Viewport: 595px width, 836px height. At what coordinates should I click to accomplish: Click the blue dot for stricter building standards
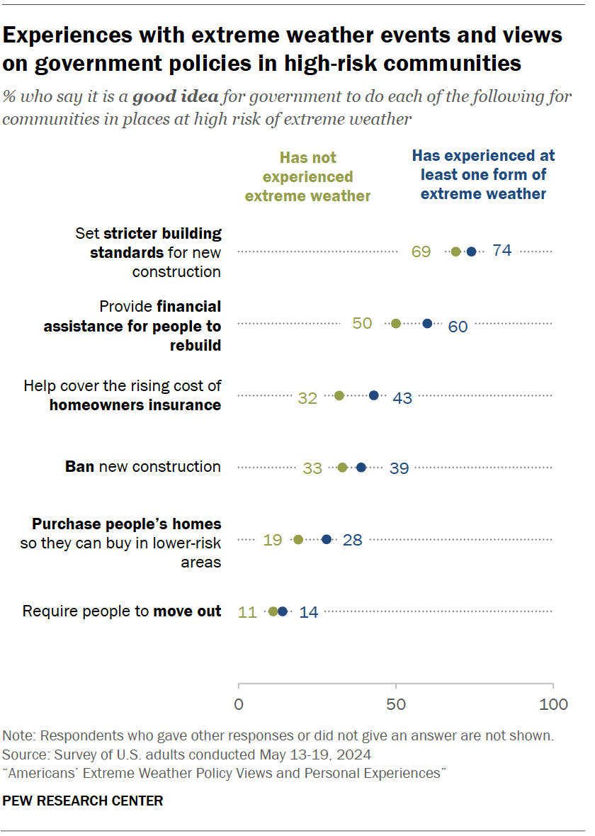(x=471, y=252)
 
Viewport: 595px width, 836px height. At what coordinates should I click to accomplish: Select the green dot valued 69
(x=455, y=252)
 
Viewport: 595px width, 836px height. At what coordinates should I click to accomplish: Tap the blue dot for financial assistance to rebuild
(x=427, y=323)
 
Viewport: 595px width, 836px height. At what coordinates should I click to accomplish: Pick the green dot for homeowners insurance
(x=339, y=395)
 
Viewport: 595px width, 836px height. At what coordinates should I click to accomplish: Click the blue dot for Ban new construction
(x=361, y=468)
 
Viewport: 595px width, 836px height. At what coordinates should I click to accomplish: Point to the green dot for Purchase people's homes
(x=298, y=539)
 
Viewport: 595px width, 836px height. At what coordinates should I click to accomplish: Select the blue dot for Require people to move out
(x=283, y=611)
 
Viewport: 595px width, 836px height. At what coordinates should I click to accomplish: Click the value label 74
(x=501, y=251)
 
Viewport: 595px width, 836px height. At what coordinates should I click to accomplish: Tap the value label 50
(x=362, y=323)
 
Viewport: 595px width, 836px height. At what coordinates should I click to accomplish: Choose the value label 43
(x=402, y=398)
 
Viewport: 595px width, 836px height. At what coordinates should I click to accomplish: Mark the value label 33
(x=312, y=468)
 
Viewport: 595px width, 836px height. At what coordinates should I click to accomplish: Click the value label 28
(x=352, y=540)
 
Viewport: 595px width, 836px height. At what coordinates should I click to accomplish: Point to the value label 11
(x=247, y=612)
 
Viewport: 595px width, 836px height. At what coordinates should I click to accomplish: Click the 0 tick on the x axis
(x=239, y=704)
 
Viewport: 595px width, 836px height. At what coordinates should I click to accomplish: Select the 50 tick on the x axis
(x=396, y=704)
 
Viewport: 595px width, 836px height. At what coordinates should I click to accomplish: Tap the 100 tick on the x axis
(x=553, y=704)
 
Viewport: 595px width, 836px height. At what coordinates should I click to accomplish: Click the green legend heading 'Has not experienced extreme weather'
(x=308, y=176)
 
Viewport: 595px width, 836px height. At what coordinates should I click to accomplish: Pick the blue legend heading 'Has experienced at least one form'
(x=484, y=174)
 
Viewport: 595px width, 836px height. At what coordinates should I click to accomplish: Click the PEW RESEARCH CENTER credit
(x=83, y=801)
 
